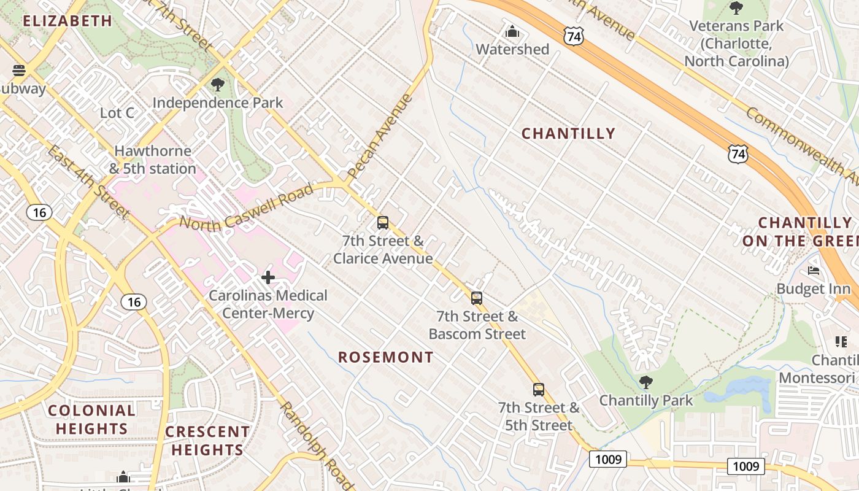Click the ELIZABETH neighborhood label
tap(67, 21)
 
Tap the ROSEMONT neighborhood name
tap(386, 357)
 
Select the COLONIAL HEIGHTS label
tap(91, 419)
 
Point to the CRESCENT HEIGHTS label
tap(207, 441)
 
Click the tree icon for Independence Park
tap(217, 85)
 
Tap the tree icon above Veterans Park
tap(736, 9)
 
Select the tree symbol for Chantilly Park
tap(645, 383)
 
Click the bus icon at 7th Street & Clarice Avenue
tap(383, 223)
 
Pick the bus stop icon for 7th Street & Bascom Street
tap(477, 298)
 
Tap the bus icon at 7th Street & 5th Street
tap(538, 389)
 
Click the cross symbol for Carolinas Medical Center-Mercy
tap(268, 277)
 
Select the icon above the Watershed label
tap(512, 31)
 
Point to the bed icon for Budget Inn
tap(814, 271)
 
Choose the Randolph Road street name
tap(316, 447)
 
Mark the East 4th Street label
tap(89, 182)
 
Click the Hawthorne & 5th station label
tap(153, 160)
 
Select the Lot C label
tap(117, 113)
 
